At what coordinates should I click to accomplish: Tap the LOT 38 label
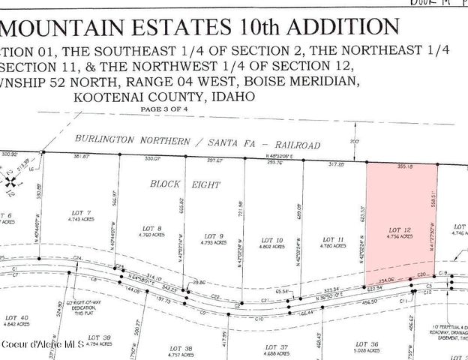click(183, 348)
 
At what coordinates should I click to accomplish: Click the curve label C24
click(77, 257)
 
